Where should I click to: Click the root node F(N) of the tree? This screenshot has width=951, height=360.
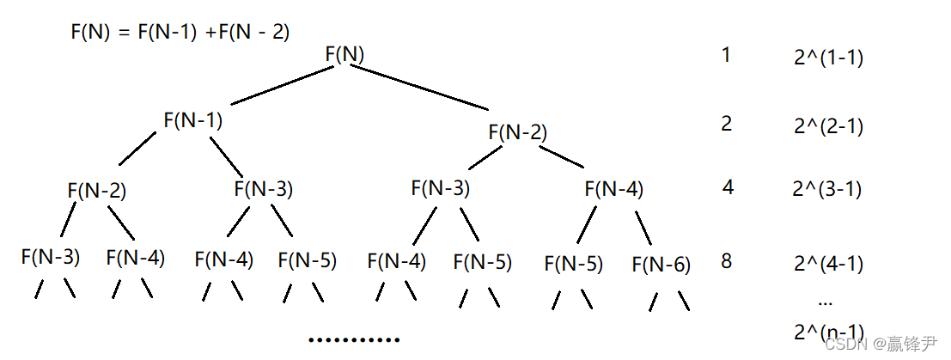tap(344, 54)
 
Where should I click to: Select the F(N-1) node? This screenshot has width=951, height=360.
tap(192, 120)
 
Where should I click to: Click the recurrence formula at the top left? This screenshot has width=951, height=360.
tap(180, 33)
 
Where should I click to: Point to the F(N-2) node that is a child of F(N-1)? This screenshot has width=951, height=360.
tap(96, 191)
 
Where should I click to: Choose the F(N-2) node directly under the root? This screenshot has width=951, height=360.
tap(517, 132)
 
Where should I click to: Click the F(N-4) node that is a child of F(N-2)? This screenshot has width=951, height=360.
tap(613, 188)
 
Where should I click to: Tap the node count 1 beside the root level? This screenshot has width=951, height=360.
tap(726, 56)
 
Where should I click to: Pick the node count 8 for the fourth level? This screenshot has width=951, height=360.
tap(727, 260)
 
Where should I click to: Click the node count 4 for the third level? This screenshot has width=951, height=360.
tap(728, 186)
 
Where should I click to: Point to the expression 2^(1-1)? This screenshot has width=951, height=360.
tap(828, 58)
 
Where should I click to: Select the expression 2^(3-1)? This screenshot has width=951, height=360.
tap(828, 188)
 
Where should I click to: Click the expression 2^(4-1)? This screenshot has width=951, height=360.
tap(828, 264)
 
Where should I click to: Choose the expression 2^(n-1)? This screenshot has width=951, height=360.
tap(828, 333)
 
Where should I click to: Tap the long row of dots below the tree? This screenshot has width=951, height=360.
tap(354, 340)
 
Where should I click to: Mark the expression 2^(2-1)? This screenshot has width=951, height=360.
tap(828, 126)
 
